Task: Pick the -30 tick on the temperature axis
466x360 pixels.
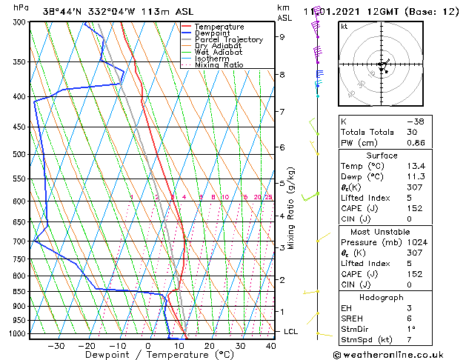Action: pos(56,345)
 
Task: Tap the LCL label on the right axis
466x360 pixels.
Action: pos(291,331)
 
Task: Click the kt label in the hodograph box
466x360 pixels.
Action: pos(344,27)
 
